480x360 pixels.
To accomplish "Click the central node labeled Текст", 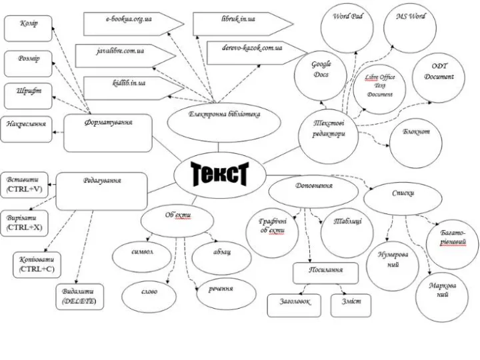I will point(220,174).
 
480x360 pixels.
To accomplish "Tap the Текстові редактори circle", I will point(329,129).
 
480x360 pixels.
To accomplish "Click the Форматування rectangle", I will point(108,132).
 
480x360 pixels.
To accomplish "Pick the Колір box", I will point(28,28).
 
